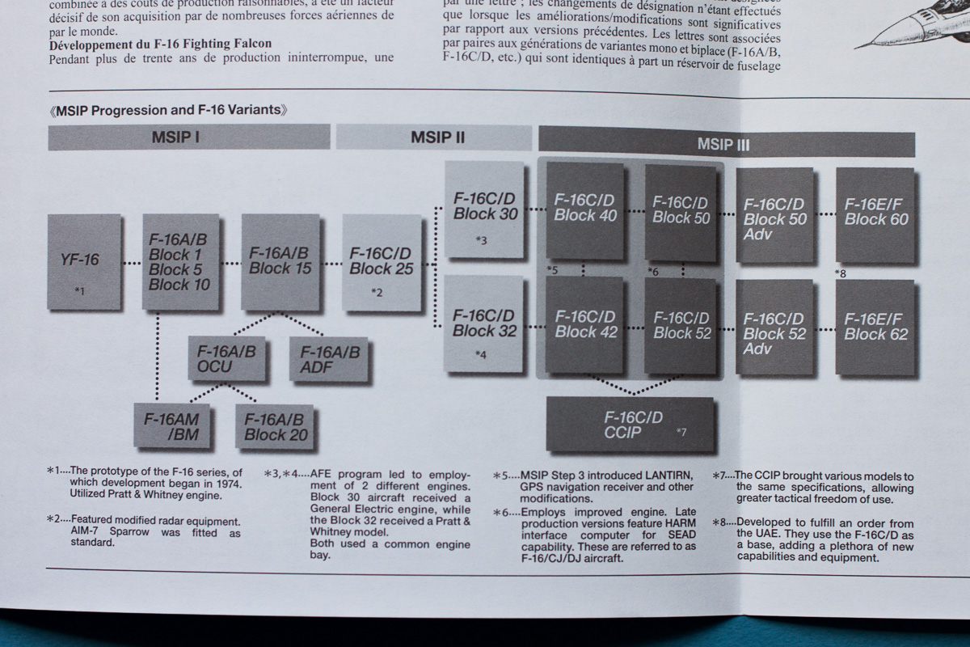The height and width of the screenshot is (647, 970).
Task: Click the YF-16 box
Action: (84, 261)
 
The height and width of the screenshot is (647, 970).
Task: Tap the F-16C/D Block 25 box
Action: (381, 263)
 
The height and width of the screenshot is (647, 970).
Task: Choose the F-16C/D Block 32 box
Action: (484, 323)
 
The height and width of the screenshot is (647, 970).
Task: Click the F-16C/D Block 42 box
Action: (584, 325)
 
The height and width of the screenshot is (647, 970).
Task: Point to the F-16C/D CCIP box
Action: (631, 425)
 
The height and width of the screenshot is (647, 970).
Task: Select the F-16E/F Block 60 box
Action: (875, 214)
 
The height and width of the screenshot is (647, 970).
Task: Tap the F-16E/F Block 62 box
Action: (875, 328)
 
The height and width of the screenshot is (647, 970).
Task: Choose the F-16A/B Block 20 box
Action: (275, 428)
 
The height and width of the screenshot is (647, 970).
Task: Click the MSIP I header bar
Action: (189, 137)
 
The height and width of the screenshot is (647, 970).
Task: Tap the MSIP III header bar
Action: (726, 145)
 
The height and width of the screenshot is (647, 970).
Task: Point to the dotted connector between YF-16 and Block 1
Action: (132, 263)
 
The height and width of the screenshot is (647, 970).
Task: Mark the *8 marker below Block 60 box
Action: (841, 273)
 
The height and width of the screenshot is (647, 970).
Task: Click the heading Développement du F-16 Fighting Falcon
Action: (160, 43)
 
